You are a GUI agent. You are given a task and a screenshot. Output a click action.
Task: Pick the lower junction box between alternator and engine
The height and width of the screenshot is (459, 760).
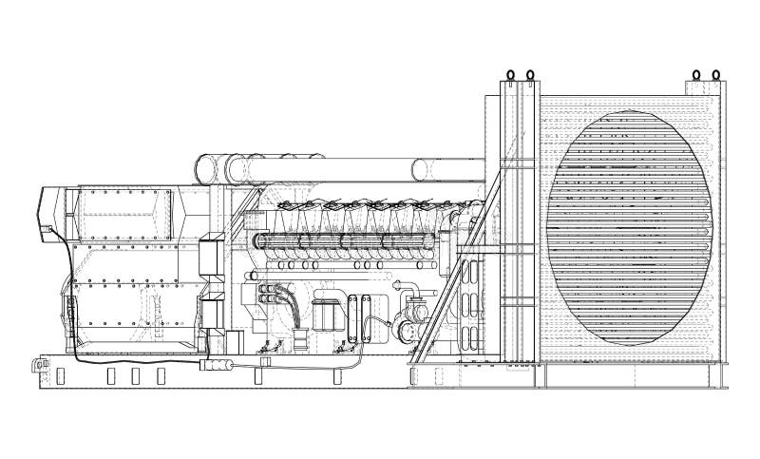(211, 314)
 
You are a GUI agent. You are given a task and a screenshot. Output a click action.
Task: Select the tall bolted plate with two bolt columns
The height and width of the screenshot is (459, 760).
(359, 319)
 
